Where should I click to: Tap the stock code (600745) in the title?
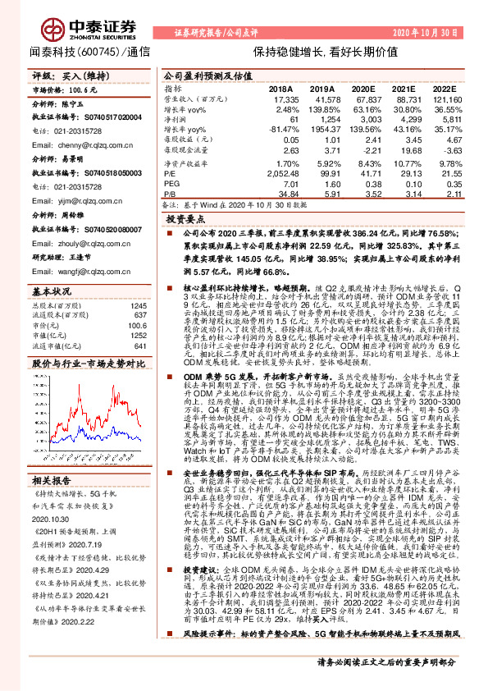102,51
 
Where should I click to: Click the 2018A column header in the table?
280,88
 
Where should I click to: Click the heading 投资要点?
185,220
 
